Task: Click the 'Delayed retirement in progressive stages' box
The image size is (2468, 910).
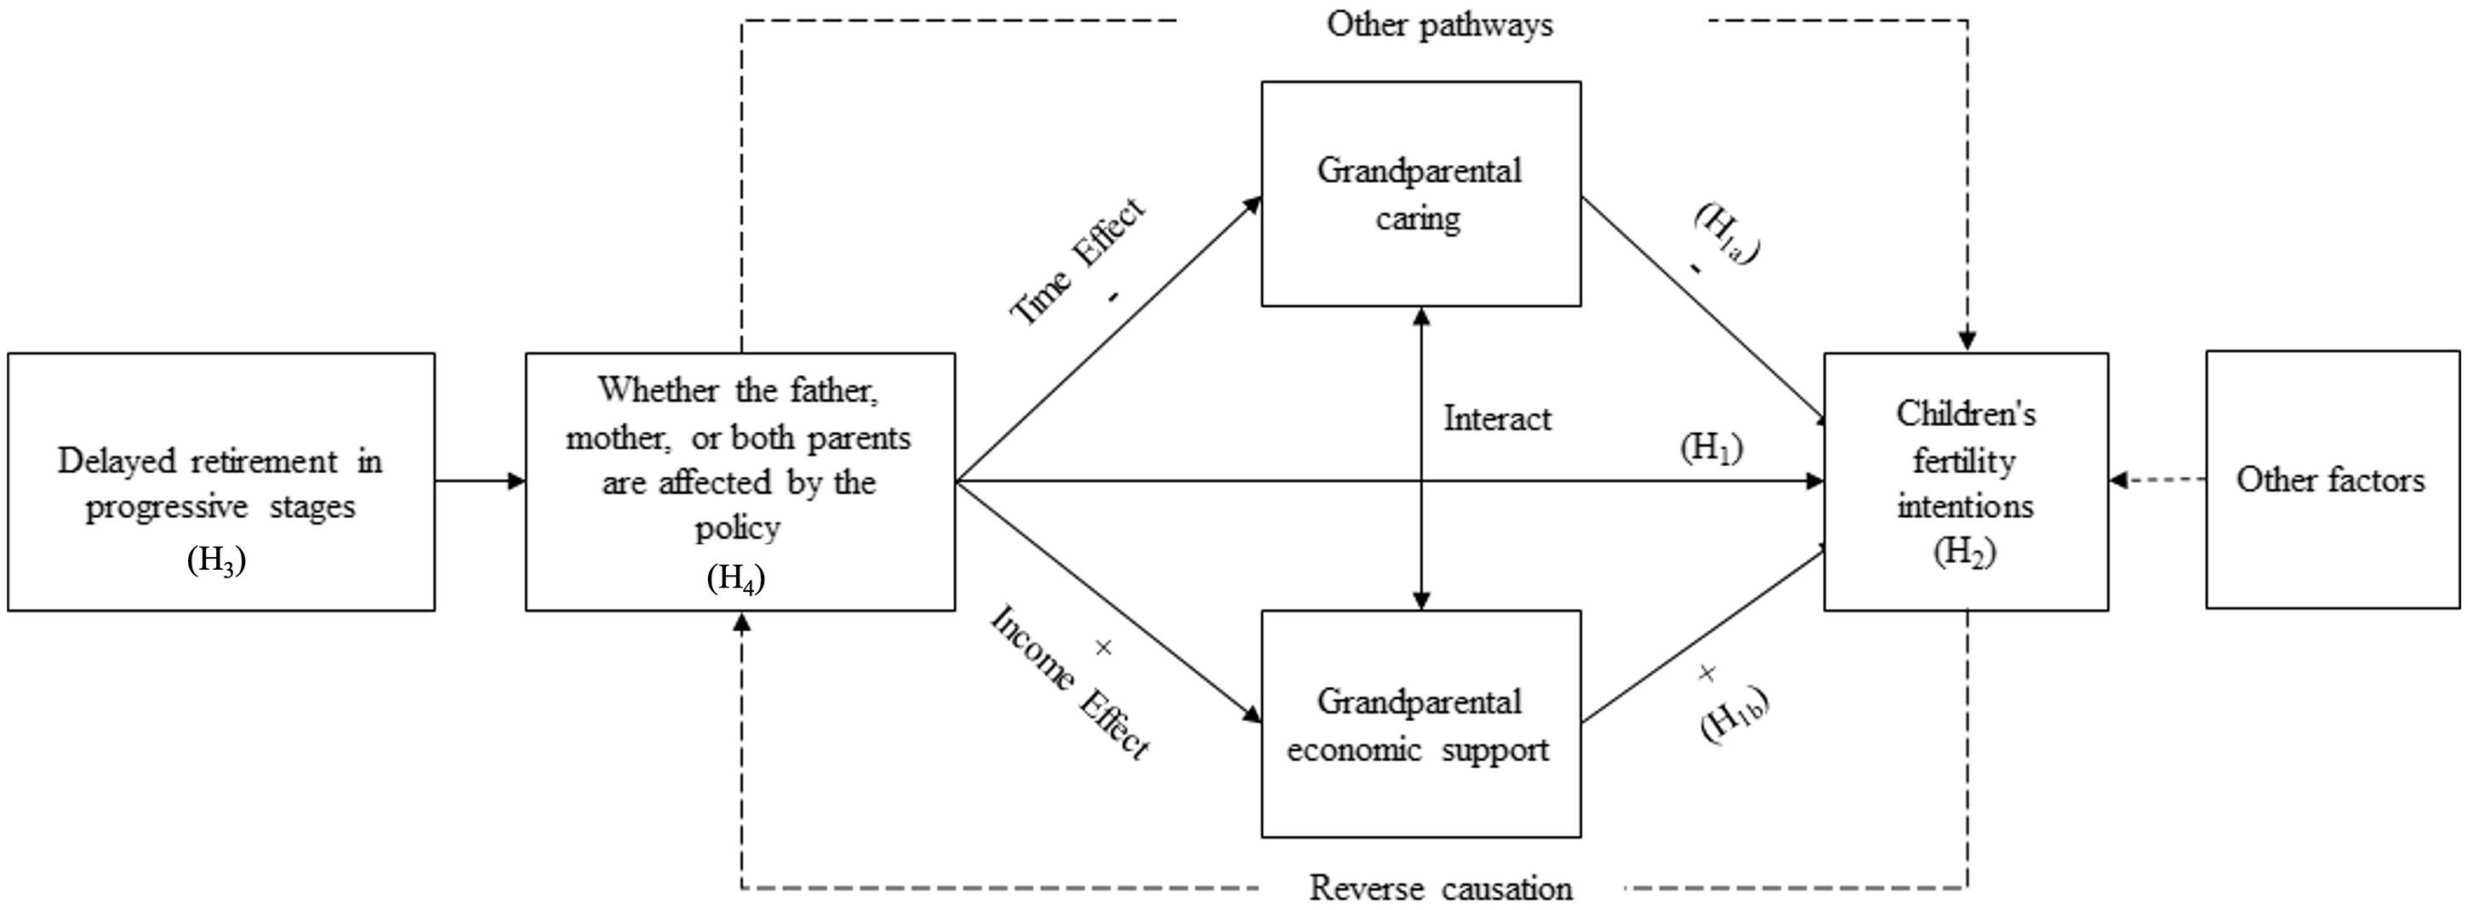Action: coord(220,482)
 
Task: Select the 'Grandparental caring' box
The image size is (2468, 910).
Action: coord(1420,194)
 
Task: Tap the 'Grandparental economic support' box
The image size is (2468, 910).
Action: coord(1420,724)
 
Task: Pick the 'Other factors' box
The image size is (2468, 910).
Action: coord(2331,480)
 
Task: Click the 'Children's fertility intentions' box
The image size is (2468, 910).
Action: coord(1965,482)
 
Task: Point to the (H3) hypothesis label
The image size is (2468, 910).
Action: coord(216,561)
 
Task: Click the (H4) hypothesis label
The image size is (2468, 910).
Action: coord(736,578)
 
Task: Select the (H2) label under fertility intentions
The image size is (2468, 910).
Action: coord(1964,553)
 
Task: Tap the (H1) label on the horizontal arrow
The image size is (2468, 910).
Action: coord(1711,448)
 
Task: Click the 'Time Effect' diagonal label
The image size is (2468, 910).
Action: coord(1077,260)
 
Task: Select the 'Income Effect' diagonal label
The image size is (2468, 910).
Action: coord(1068,682)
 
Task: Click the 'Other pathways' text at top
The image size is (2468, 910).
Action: coord(1439,24)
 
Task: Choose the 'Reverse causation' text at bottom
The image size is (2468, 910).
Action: coord(1440,888)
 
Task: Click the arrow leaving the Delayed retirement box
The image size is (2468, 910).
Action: coord(480,481)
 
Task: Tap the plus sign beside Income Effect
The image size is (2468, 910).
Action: coord(1103,649)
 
